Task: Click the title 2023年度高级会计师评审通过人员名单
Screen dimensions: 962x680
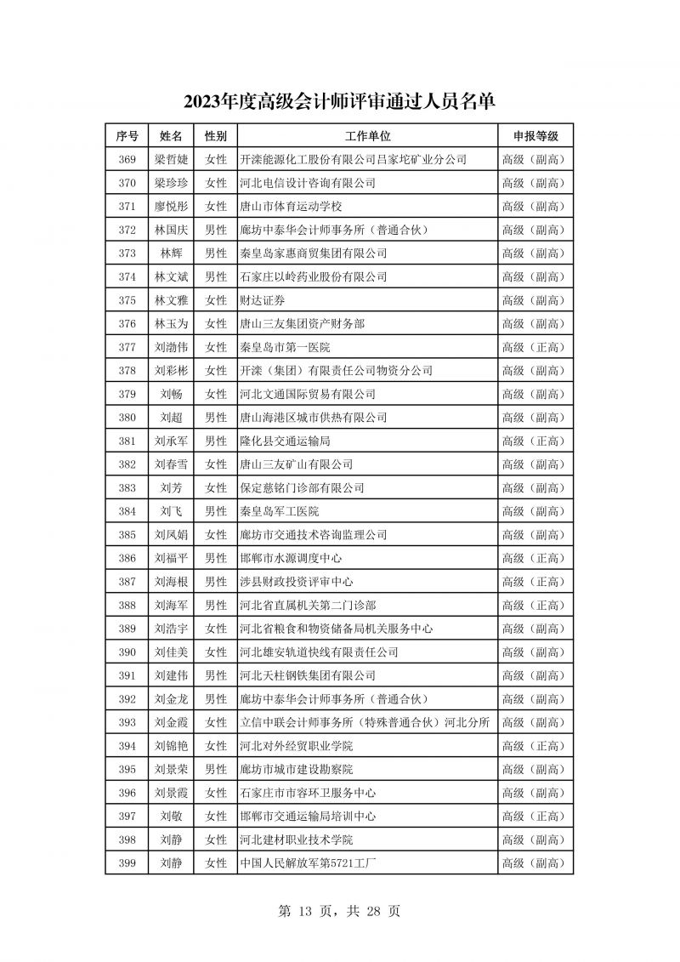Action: tap(339, 103)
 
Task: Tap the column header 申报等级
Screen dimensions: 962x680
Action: tap(535, 136)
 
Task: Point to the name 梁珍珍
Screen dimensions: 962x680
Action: tap(171, 183)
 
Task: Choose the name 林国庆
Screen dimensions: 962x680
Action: tap(171, 230)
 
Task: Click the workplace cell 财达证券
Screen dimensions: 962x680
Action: tap(263, 300)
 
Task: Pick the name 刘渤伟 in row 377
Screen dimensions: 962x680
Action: tap(171, 347)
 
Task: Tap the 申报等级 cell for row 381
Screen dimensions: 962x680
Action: tap(535, 441)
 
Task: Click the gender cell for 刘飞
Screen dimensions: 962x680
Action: tap(216, 511)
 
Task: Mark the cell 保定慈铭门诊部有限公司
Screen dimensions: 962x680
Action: tap(303, 487)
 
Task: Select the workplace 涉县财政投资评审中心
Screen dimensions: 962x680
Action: tap(297, 582)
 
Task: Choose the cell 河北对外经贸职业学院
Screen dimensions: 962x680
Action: tap(297, 746)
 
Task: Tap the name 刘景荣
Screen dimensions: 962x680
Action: tap(171, 770)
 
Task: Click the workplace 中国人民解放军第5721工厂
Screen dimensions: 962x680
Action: tap(308, 863)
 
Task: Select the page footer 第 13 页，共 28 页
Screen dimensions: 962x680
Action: tap(339, 911)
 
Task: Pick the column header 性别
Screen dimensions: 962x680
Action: tap(216, 136)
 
